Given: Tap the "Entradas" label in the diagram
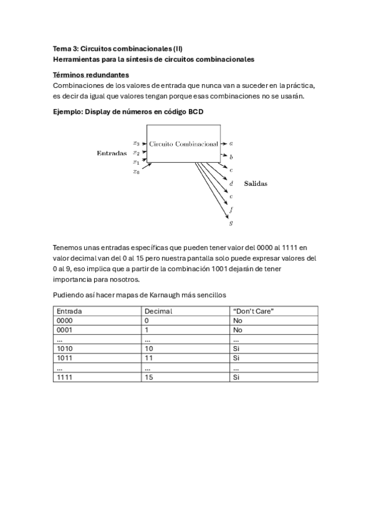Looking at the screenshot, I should tap(111, 153).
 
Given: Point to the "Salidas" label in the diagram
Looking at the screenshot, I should tap(256, 183).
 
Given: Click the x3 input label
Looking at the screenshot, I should tap(136, 143).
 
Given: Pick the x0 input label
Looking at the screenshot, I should tap(136, 171).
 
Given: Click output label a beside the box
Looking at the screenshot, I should tap(231, 143).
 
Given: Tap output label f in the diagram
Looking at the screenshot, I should tap(231, 209).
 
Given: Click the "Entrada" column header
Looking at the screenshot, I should tap(69, 311).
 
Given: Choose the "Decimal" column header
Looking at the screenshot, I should tap(158, 311).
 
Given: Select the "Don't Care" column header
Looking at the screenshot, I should tap(253, 311).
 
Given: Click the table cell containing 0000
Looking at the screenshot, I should tap(65, 321).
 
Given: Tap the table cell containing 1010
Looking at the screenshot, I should tap(65, 349).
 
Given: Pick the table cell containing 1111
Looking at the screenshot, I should tap(65, 376).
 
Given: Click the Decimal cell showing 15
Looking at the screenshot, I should tap(148, 376).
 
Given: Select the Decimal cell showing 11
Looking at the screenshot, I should tap(148, 358).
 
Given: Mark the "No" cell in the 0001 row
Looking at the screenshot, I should tap(237, 330).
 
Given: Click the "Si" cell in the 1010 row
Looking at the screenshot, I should tap(236, 349).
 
